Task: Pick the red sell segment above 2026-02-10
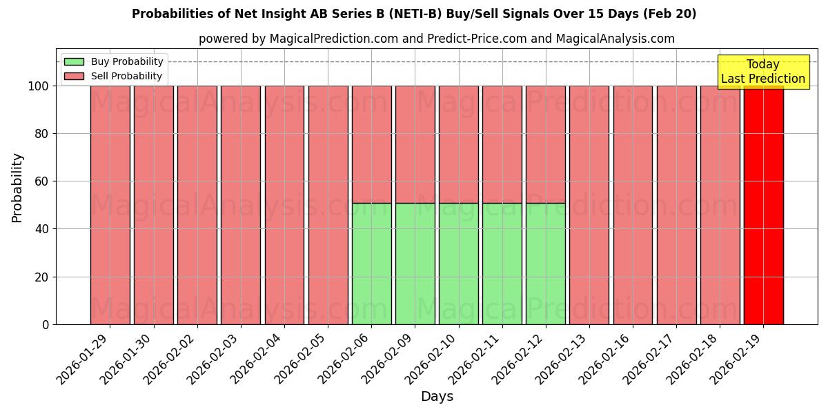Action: [x=458, y=144]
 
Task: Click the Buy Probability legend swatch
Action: [x=74, y=61]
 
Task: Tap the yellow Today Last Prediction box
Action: [x=763, y=72]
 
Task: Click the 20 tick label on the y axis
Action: [x=41, y=277]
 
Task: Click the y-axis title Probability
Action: [x=17, y=188]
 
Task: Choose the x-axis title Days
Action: [x=437, y=397]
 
